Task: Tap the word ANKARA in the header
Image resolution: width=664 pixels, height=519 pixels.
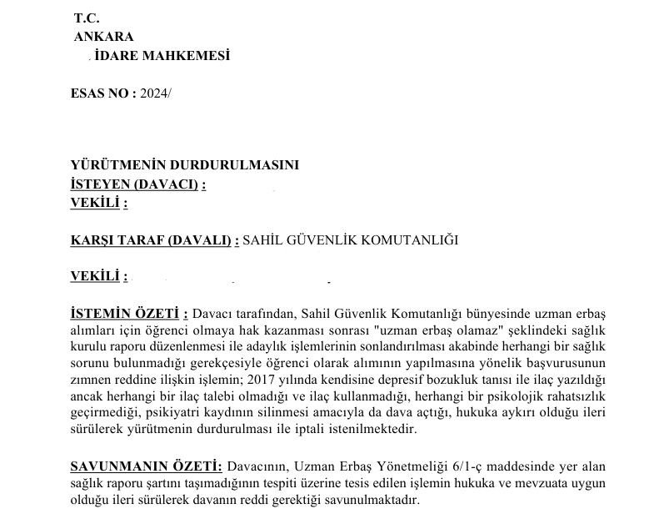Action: tap(103, 37)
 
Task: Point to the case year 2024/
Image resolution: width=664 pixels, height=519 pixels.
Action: tap(156, 94)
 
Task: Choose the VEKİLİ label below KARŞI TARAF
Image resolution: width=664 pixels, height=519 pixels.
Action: tap(99, 276)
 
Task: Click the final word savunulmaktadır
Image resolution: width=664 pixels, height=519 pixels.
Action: tap(371, 501)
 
